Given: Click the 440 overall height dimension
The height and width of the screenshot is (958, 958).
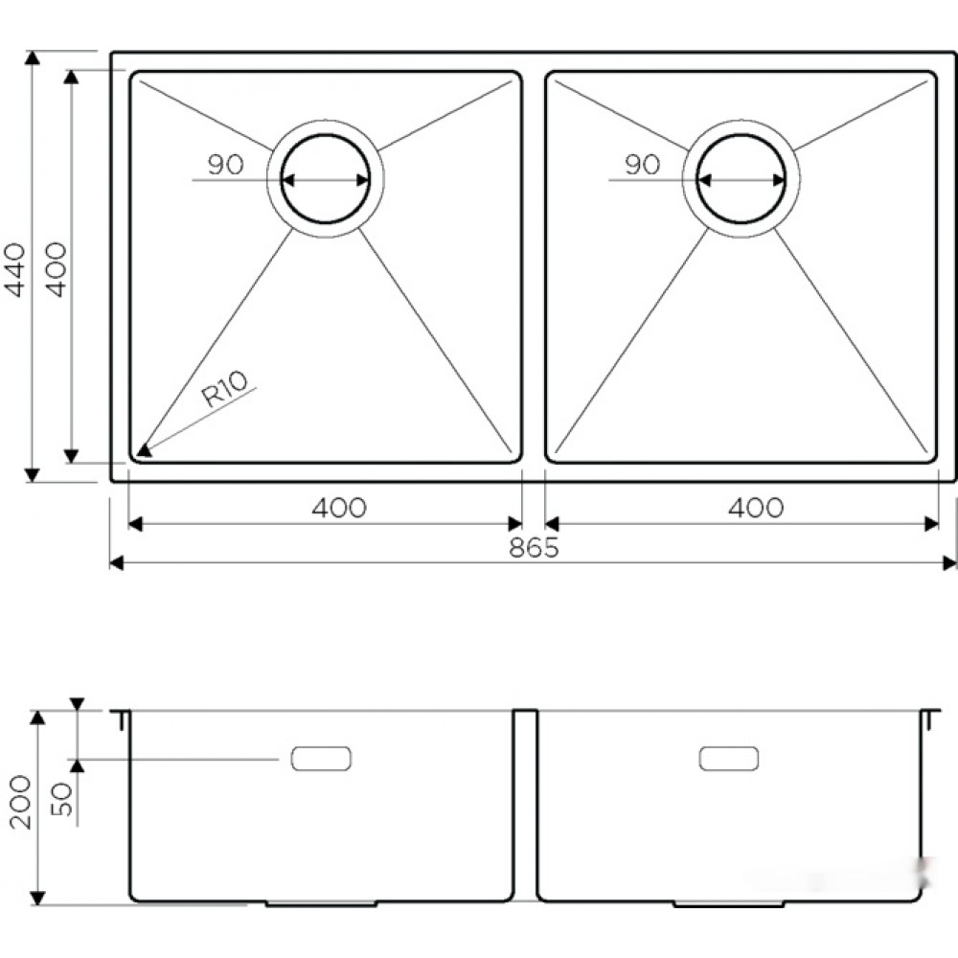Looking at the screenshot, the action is [14, 269].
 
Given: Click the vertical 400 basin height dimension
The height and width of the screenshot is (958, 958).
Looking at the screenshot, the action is [57, 269].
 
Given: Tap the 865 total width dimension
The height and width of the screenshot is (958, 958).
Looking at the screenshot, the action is [534, 548].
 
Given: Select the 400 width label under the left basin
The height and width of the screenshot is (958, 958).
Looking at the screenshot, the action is [339, 508].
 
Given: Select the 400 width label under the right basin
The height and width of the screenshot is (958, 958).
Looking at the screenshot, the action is [756, 508].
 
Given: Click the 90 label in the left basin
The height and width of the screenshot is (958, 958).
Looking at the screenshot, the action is [225, 165].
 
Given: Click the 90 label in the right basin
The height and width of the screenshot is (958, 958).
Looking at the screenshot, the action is [642, 165].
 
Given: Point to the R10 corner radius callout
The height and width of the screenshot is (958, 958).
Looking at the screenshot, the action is [225, 389].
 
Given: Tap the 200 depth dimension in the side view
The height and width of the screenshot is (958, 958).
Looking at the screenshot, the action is [21, 802].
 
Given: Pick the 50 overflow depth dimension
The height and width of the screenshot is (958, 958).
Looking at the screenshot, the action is [62, 799].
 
